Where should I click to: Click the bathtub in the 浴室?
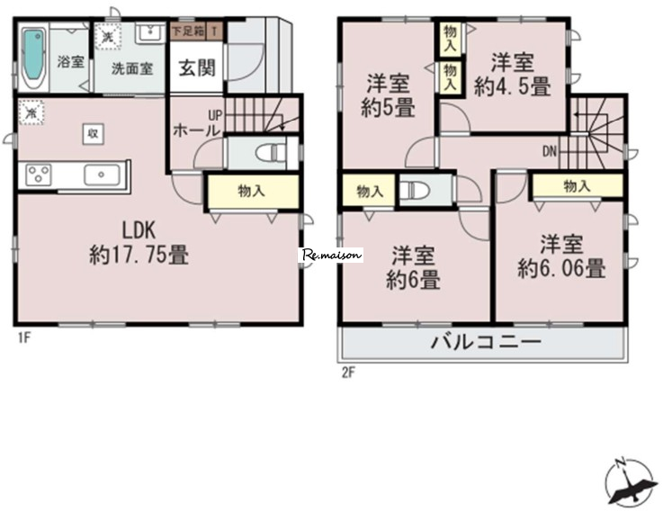coord(33,58)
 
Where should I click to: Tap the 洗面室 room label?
coord(132,69)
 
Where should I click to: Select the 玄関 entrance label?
coord(197,67)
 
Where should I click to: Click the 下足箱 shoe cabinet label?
coord(188,31)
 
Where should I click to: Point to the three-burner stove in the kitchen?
coord(39,175)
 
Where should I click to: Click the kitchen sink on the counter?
coord(102,175)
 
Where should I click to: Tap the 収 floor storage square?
coord(93,134)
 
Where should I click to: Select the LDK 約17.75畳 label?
coord(139,243)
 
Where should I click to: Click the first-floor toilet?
coord(271,152)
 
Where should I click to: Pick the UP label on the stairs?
coord(215,115)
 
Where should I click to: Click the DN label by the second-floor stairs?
coord(550,151)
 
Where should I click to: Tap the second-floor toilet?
coord(414,189)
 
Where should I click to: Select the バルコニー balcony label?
coord(486,342)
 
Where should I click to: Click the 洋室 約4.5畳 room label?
coord(513,75)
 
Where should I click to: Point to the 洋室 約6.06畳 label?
coord(561,256)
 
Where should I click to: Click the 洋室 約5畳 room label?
coord(388,95)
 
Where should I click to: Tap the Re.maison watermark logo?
coord(332,255)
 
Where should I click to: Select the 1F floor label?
coord(24,337)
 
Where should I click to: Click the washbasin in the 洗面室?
coord(150,32)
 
